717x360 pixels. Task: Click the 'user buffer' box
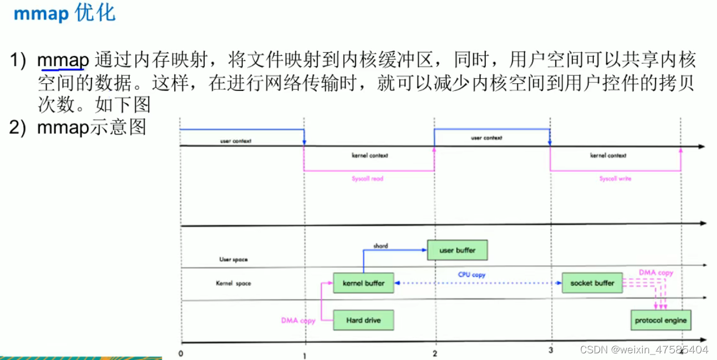457,250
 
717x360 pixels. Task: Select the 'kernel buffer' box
363,283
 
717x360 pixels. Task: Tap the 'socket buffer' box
592,283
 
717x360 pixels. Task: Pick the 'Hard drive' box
363,320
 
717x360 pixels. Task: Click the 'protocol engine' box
660,320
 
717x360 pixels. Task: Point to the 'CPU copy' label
471,275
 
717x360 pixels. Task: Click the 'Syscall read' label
367,179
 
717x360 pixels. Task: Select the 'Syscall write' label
615,179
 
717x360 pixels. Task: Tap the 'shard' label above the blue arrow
380,246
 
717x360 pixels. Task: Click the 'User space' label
233,259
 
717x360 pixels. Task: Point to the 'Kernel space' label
233,283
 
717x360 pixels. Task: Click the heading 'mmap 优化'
64,13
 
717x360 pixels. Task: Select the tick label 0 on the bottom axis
181,352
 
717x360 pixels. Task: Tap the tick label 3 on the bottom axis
550,350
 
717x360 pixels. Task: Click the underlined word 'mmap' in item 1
63,60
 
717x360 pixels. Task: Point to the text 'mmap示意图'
91,128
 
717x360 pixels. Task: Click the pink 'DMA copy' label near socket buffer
655,273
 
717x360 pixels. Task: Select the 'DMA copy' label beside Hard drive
298,321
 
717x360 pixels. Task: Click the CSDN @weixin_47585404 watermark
644,349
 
